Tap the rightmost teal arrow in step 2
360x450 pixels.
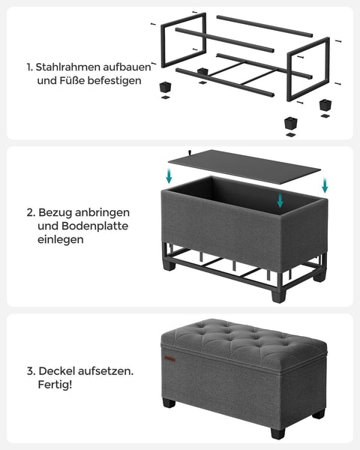tap(325, 185)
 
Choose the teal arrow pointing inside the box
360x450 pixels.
tap(279, 199)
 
